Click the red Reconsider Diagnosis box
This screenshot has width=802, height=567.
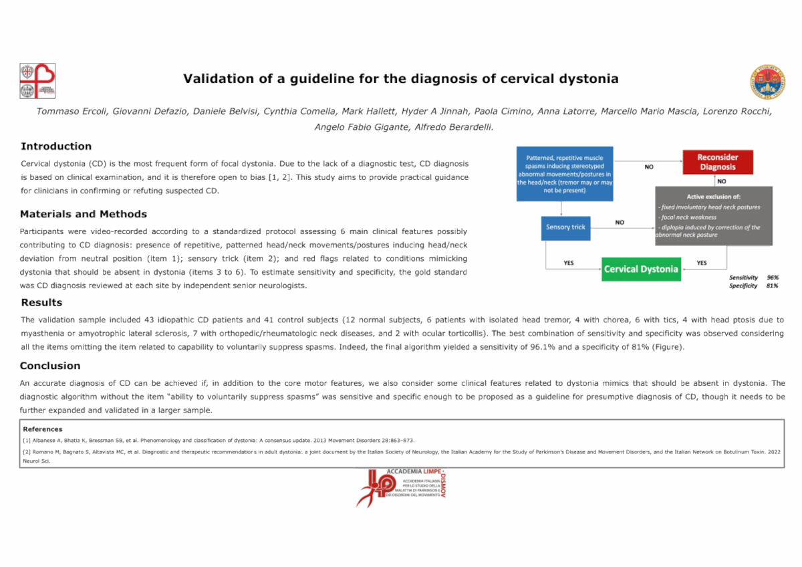[716, 162]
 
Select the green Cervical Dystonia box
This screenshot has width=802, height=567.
[641, 269]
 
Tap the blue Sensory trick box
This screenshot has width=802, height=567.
[565, 227]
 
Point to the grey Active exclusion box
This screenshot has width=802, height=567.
[714, 216]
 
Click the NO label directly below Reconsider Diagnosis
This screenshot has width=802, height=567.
[721, 181]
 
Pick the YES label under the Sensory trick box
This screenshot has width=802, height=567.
[568, 263]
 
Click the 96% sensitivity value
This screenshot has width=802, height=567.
[773, 277]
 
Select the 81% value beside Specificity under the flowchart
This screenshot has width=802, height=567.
[773, 286]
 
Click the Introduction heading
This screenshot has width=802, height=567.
[56, 146]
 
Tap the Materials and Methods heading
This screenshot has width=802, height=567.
[84, 215]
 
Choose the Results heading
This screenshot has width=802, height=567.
[41, 303]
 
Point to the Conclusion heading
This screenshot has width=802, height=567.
[50, 366]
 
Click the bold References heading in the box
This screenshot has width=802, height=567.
[43, 429]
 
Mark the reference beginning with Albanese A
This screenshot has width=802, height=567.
[218, 441]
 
